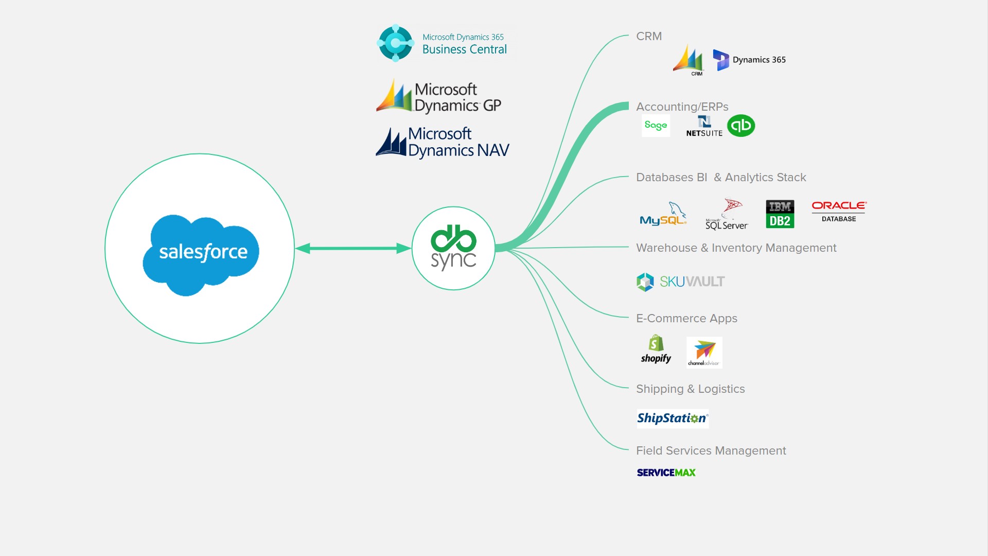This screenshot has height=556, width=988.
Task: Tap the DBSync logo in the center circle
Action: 453,248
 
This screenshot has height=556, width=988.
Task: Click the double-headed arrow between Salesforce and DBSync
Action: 353,248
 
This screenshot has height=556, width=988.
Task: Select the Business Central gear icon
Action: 395,43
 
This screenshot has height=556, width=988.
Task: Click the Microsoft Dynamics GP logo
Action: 439,97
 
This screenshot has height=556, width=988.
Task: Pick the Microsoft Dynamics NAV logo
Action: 443,142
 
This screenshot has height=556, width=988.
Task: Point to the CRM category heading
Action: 649,37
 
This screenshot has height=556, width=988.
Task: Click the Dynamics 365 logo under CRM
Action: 749,60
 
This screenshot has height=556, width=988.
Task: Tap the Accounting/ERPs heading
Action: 682,107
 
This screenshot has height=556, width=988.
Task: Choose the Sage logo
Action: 656,126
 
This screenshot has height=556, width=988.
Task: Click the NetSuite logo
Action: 704,126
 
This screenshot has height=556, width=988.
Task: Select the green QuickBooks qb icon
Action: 741,126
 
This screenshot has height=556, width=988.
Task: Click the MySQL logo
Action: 663,215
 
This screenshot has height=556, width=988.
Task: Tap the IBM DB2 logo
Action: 780,214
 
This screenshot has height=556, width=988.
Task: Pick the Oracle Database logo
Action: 839,211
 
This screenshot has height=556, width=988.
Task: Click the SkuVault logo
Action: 680,282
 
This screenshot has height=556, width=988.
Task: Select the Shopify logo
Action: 656,350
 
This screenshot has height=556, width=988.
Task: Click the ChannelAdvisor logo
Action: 704,353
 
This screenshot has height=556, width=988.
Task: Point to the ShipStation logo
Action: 673,419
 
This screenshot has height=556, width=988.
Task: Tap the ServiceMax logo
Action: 666,473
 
